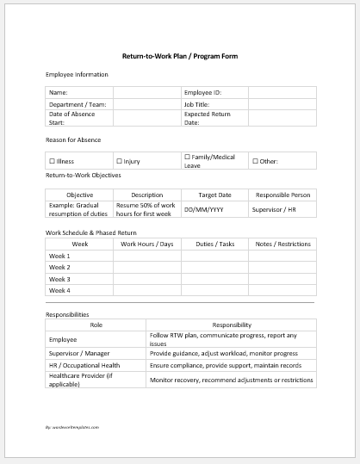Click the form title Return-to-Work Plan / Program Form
pos(180,56)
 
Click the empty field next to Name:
pos(146,92)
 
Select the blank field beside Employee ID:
pos(282,92)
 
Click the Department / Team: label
pos(76,103)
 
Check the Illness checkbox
pos(53,161)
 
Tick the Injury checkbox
pos(119,161)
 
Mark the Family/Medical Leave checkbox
pos(187,158)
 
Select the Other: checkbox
pos(255,161)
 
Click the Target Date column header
pos(214,195)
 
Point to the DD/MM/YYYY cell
pos(204,209)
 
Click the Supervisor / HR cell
pos(274,209)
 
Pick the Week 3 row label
pos(60,279)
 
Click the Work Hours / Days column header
pos(146,244)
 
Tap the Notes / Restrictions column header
pos(282,244)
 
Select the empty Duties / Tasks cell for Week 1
pos(214,256)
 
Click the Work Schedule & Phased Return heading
pos(91,232)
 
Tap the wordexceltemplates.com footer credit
pos(72,427)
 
